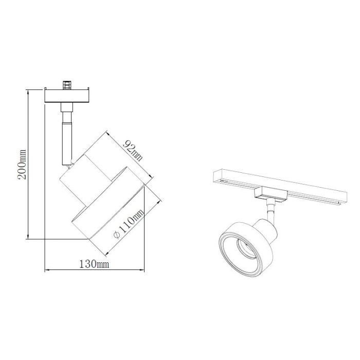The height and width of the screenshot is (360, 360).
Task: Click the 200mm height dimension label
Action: coord(22,164)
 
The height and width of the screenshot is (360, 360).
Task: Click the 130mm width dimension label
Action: coord(94,264)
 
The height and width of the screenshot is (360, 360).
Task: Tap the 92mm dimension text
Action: coord(133,151)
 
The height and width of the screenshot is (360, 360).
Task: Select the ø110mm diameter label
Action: coord(129,224)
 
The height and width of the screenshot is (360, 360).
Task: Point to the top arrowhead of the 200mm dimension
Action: coord(28,92)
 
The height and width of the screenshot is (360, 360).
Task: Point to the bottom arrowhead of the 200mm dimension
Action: coord(28,237)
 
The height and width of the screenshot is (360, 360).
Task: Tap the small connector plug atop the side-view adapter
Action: coord(67,85)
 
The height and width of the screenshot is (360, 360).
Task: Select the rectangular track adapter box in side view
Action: coord(67,96)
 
